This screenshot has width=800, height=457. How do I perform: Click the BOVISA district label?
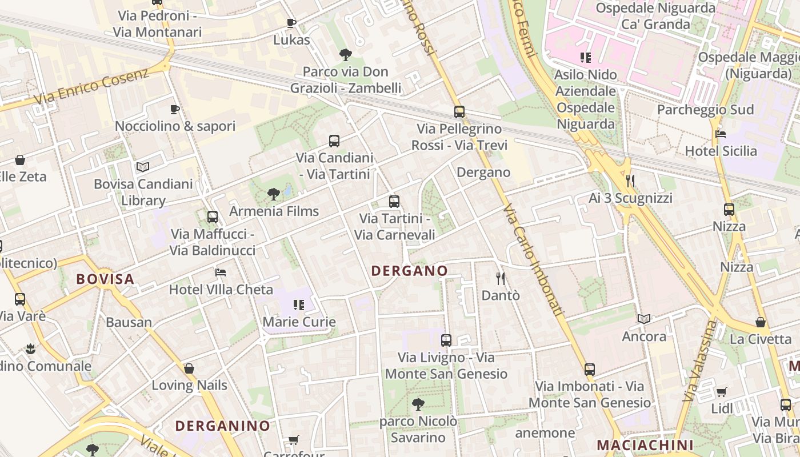pyautogui.click(x=105, y=279)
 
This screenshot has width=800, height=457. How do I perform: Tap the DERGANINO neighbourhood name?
pyautogui.click(x=222, y=426)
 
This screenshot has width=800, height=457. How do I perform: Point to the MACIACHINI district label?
pyautogui.click(x=645, y=445)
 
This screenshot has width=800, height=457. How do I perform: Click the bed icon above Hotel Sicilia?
pyautogui.click(x=721, y=134)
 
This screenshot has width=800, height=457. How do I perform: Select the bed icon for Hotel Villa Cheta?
pyautogui.click(x=221, y=272)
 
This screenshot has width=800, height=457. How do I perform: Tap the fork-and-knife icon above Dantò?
pyautogui.click(x=501, y=278)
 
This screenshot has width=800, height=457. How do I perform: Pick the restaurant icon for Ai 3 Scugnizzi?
pyautogui.click(x=630, y=181)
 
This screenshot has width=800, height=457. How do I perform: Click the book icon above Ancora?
pyautogui.click(x=644, y=319)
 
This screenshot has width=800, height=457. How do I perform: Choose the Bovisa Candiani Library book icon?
pyautogui.click(x=143, y=167)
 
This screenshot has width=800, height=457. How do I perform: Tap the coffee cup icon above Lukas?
pyautogui.click(x=291, y=23)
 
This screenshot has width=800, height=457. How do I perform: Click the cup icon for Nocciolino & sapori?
pyautogui.click(x=175, y=109)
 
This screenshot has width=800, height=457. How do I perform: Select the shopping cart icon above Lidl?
pyautogui.click(x=722, y=392)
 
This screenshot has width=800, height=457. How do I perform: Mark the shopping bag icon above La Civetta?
pyautogui.click(x=761, y=322)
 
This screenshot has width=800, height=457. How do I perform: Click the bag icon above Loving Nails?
pyautogui.click(x=189, y=368)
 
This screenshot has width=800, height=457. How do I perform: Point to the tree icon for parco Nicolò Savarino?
pyautogui.click(x=418, y=404)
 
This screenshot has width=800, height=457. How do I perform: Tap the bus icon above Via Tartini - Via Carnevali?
pyautogui.click(x=394, y=201)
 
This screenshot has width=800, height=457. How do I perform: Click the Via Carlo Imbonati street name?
pyautogui.click(x=533, y=260)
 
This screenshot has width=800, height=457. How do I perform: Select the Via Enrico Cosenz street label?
pyautogui.click(x=91, y=86)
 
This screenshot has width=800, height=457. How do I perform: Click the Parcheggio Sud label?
pyautogui.click(x=705, y=110)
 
